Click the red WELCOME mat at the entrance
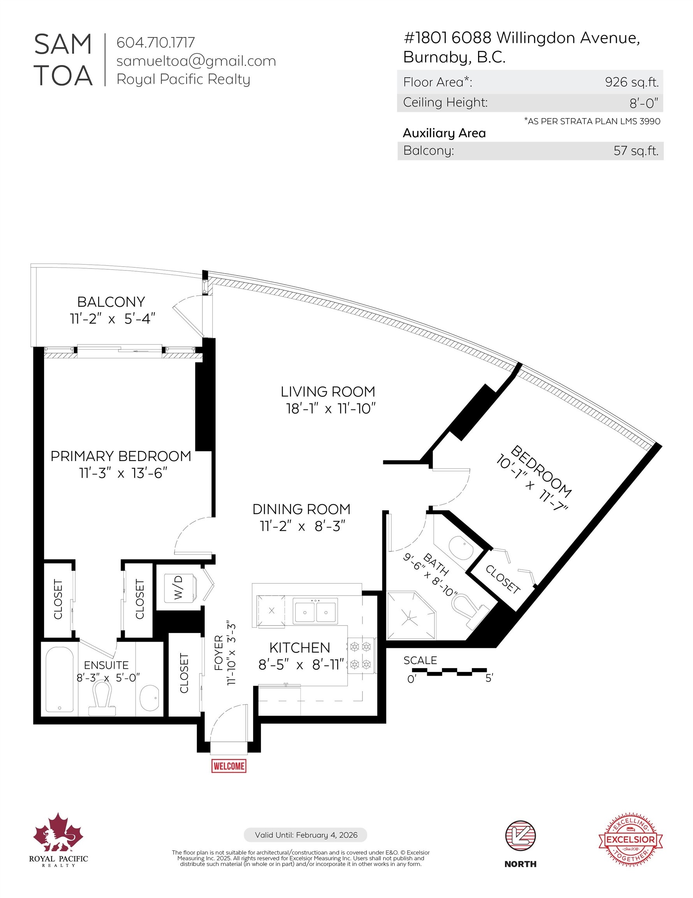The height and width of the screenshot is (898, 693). [229, 766]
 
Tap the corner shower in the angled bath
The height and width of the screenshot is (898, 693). [410, 615]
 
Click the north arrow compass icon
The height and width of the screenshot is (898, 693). [520, 836]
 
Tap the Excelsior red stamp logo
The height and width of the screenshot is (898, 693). [631, 839]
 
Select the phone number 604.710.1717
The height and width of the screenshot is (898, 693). [156, 42]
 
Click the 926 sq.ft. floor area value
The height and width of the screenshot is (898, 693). [631, 82]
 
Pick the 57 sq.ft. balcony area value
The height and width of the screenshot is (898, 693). [635, 150]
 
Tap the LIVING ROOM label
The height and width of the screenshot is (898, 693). [328, 391]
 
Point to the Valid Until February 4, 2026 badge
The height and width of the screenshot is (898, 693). [306, 835]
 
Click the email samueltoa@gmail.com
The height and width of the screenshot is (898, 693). [196, 61]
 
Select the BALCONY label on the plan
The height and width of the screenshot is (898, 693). [111, 302]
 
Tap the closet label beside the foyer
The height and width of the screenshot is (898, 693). [184, 673]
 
